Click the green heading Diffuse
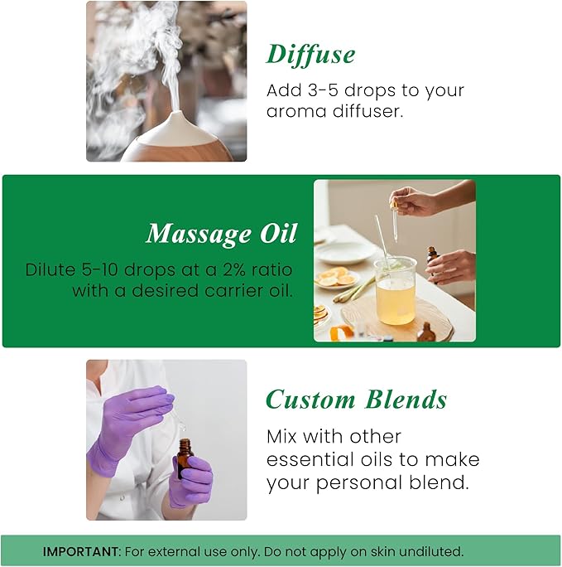coord(310,55)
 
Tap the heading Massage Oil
coord(221,234)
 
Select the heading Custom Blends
coord(356,400)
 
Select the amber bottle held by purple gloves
coord(184,458)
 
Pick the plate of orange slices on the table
coord(336,279)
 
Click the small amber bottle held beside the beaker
coord(431,256)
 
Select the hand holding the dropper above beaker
coord(411,200)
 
